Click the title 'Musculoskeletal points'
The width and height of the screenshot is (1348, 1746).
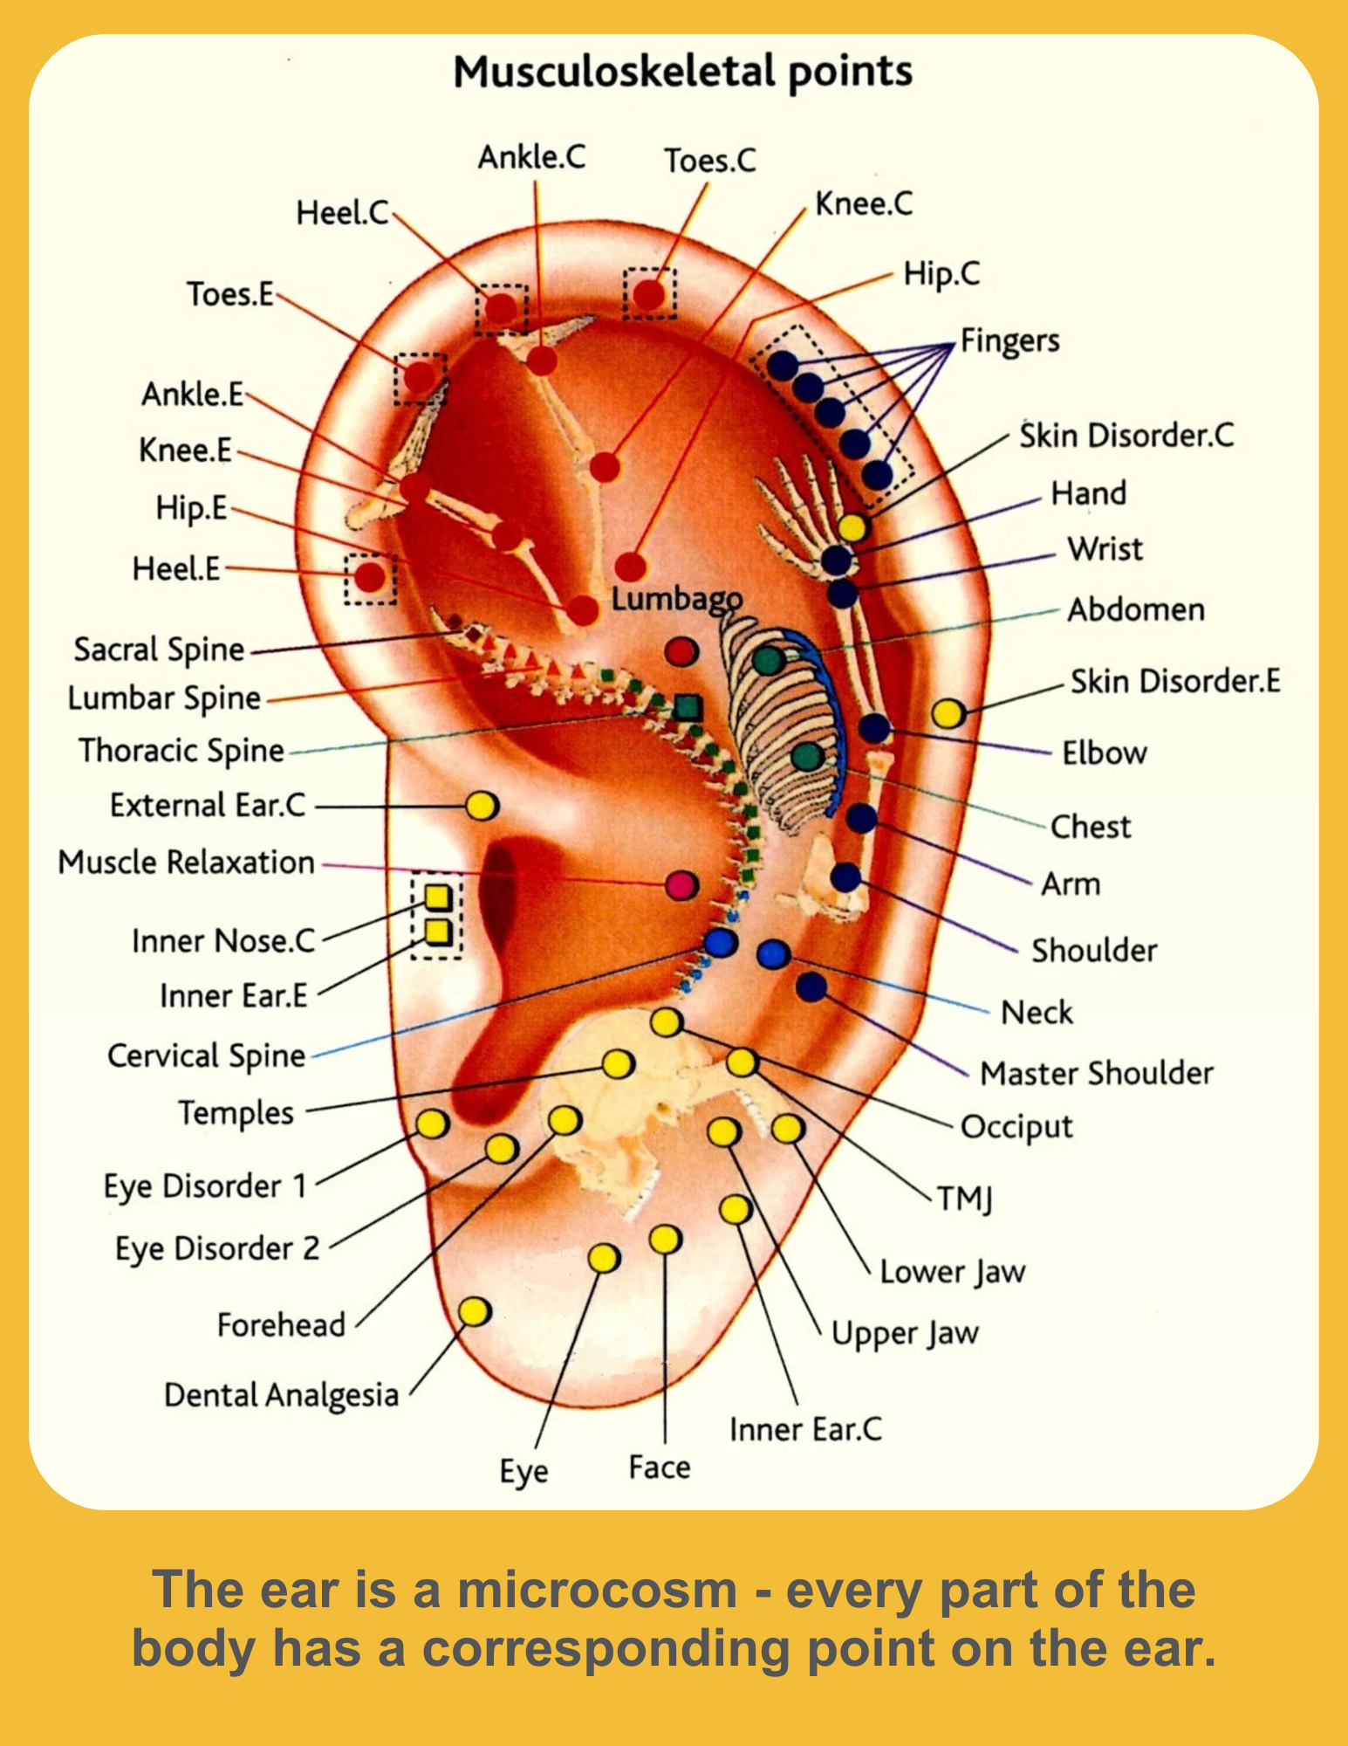click(682, 72)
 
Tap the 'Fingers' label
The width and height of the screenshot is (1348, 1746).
click(1009, 340)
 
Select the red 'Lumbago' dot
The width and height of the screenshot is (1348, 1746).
click(681, 651)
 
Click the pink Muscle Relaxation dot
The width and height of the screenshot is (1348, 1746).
click(681, 884)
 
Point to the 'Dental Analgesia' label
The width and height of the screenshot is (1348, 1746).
click(281, 1394)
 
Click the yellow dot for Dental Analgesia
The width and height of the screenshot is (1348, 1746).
click(475, 1311)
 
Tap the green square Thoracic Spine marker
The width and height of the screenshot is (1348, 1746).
click(688, 707)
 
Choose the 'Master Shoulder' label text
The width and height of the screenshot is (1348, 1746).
click(1096, 1073)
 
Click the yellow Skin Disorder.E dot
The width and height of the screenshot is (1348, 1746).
click(948, 713)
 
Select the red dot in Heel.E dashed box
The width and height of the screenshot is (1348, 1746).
click(370, 577)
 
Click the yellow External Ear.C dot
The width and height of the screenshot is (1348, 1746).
click(482, 805)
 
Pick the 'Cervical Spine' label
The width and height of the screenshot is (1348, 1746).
click(206, 1055)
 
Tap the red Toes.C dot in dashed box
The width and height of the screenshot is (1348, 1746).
click(649, 295)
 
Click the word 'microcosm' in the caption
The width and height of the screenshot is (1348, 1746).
click(598, 1590)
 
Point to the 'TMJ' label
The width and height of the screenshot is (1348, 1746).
click(965, 1199)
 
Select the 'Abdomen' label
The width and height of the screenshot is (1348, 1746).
click(1136, 609)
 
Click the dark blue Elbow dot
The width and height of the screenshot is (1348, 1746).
click(874, 727)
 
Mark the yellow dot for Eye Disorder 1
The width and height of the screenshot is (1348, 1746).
click(433, 1124)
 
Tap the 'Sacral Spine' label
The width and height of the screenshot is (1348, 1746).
click(159, 650)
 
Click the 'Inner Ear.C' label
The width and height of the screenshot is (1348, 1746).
click(805, 1429)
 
